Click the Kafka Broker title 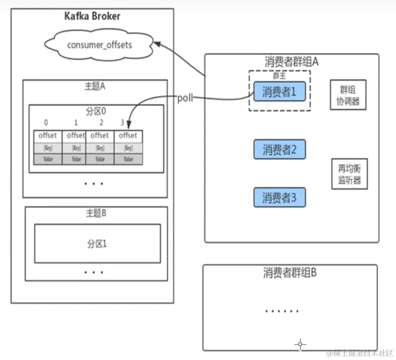92,16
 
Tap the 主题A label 95,87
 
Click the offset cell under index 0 47,136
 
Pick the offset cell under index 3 128,136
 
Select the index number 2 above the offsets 101,123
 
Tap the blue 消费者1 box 279,91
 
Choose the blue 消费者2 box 279,150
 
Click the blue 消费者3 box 279,198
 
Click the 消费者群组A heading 292,62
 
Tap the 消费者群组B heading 290,273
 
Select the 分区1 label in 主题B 97,244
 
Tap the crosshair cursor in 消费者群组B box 300,345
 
